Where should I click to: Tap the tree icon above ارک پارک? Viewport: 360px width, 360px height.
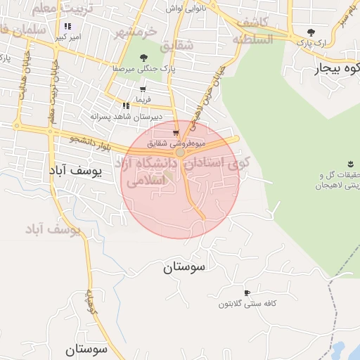(311, 32)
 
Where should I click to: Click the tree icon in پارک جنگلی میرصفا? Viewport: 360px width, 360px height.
(143, 58)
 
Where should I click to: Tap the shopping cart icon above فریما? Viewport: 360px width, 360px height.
(143, 89)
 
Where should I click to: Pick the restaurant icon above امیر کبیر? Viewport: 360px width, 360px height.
(68, 26)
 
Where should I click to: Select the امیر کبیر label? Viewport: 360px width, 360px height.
(68, 36)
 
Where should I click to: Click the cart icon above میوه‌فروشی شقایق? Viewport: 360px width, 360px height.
(175, 133)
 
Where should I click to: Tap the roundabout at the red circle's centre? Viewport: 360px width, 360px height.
(181, 152)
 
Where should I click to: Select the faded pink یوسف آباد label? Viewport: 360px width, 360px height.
(53, 229)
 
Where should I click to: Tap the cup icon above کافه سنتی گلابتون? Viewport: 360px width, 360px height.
(246, 292)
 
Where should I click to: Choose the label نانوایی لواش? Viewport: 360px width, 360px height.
(185, 8)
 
